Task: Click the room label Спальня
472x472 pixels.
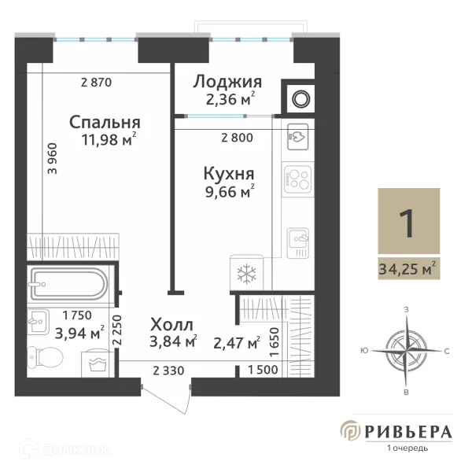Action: [x=105, y=123]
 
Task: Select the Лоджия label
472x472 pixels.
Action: [x=227, y=83]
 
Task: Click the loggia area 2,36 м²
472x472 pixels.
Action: [x=227, y=100]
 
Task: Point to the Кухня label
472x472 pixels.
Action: [x=227, y=173]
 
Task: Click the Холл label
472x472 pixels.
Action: [x=171, y=324]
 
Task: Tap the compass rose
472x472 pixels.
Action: [x=407, y=350]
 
